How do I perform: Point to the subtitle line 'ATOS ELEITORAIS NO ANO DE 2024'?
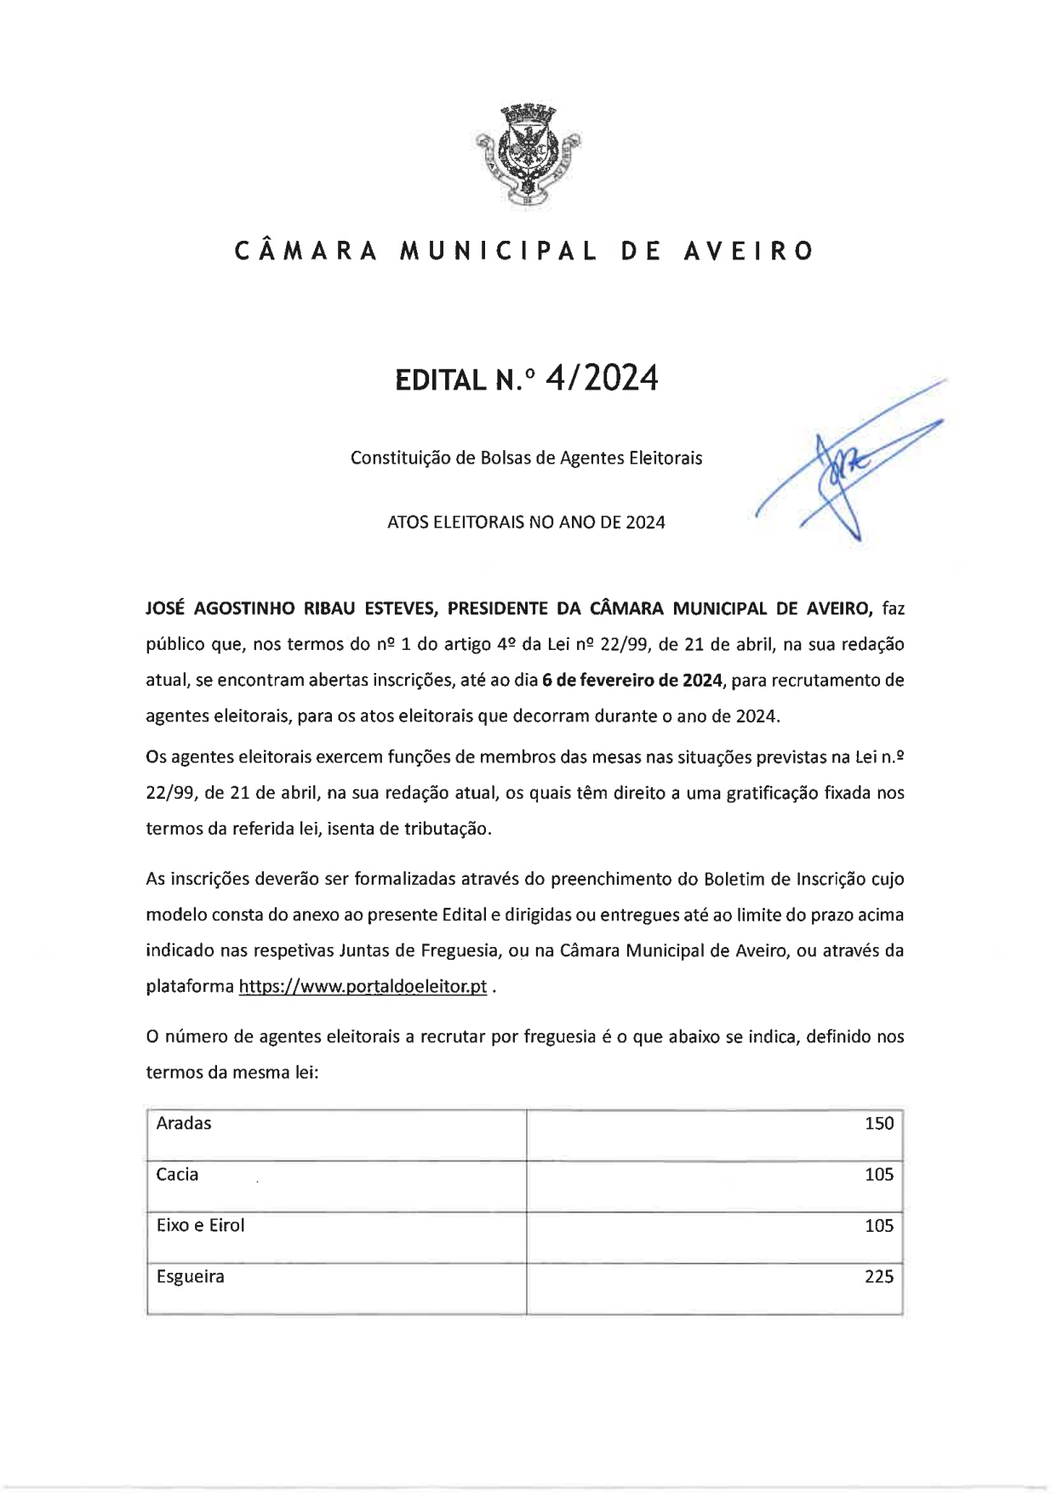pos(526,522)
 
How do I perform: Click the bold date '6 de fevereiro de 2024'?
pos(632,680)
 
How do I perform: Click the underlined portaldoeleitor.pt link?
pos(363,986)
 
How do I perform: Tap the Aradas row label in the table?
pos(184,1123)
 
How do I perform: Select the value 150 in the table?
pos(878,1123)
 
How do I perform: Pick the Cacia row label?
pos(177,1174)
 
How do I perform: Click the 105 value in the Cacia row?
pos(878,1174)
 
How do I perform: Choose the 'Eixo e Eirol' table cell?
pos(200,1225)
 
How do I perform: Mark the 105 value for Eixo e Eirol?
pos(878,1225)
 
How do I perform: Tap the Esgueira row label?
pos(190,1276)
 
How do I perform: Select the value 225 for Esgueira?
pos(878,1276)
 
